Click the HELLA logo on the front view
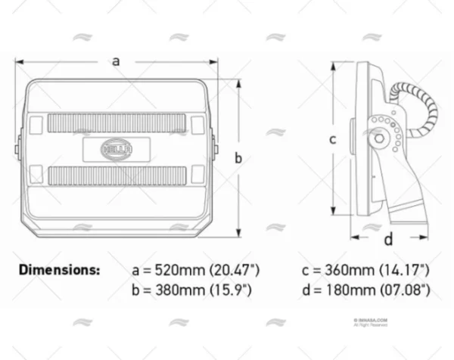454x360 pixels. click(117, 147)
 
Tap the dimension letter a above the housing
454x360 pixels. click(116, 61)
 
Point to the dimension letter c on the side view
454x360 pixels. click(331, 138)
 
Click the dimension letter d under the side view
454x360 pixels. click(388, 241)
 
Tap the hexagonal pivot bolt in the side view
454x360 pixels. click(377, 141)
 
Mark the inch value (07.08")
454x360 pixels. click(407, 290)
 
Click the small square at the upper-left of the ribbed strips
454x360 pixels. click(38, 122)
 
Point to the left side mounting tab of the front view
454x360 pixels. click(18, 147)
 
